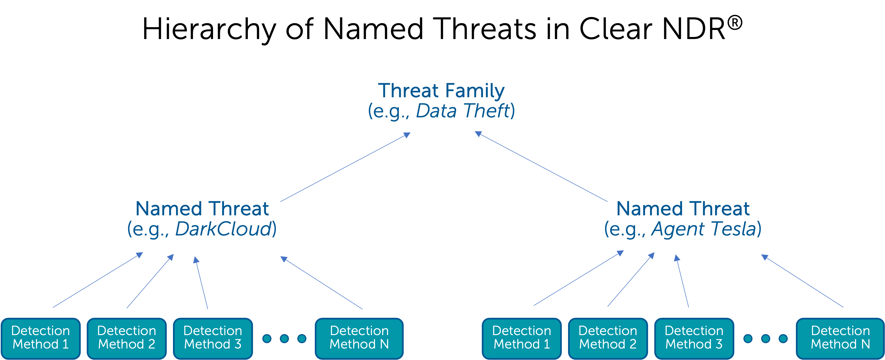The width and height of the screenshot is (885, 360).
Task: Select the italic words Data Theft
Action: (463, 111)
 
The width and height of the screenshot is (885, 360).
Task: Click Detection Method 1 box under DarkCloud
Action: (40, 338)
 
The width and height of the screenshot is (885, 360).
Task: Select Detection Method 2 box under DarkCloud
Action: (127, 338)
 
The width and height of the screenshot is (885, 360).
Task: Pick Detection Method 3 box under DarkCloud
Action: (213, 338)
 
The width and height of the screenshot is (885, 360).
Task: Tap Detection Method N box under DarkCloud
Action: (359, 338)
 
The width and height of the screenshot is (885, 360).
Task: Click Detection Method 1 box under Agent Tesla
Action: (522, 338)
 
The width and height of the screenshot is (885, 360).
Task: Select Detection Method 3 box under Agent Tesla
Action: (694, 338)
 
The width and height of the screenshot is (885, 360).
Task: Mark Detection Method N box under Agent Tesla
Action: (840, 338)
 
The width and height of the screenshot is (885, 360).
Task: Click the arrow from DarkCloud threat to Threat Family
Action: (345, 167)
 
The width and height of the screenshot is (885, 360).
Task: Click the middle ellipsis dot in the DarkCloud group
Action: (284, 339)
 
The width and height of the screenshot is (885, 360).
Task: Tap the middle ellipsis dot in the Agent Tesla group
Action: (765, 339)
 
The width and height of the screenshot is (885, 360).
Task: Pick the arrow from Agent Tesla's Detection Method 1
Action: (579, 278)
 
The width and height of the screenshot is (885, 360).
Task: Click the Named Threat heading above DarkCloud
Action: (202, 209)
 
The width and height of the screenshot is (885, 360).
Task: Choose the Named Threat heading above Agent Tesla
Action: (683, 209)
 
